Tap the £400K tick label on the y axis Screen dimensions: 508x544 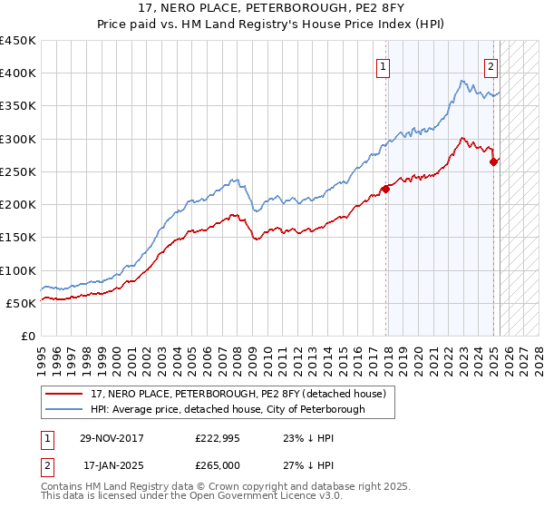coord(18,73)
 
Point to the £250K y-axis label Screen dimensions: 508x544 coord(18,171)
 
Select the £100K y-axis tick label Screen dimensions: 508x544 coord(18,270)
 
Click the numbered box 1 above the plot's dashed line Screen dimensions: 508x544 coord(384,66)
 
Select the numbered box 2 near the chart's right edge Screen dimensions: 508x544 coord(491,66)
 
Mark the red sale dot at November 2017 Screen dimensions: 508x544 coord(386,189)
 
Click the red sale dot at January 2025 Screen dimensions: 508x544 coord(494,161)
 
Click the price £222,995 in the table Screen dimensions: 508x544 coord(216,438)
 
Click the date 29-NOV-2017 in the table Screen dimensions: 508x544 coord(112,438)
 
